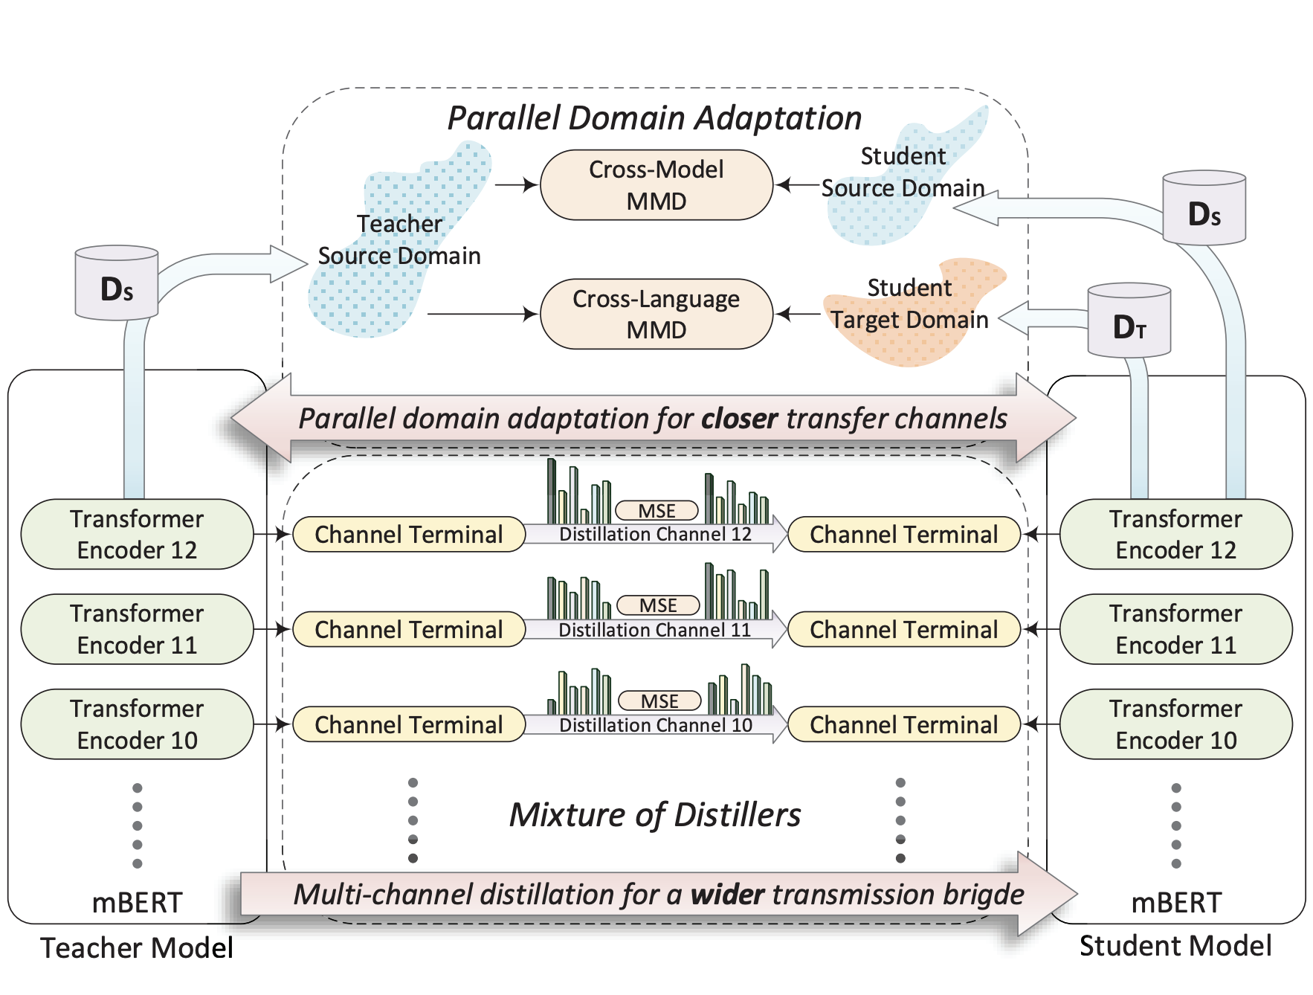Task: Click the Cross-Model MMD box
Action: click(656, 185)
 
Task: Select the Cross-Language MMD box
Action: click(656, 314)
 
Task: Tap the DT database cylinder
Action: click(1129, 321)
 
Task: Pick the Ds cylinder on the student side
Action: click(1204, 209)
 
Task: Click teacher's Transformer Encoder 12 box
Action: click(137, 534)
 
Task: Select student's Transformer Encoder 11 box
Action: click(1175, 629)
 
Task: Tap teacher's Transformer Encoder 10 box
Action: click(137, 724)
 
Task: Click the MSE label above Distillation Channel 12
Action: click(657, 511)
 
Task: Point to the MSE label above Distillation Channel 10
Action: click(659, 701)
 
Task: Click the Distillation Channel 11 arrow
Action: click(654, 630)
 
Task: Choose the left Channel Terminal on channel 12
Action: click(408, 535)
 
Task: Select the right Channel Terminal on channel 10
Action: click(903, 725)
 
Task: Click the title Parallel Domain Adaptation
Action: click(654, 118)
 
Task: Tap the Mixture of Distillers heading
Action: click(654, 815)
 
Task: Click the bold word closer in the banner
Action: click(739, 419)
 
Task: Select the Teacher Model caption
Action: click(137, 948)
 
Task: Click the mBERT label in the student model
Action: click(1175, 903)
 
